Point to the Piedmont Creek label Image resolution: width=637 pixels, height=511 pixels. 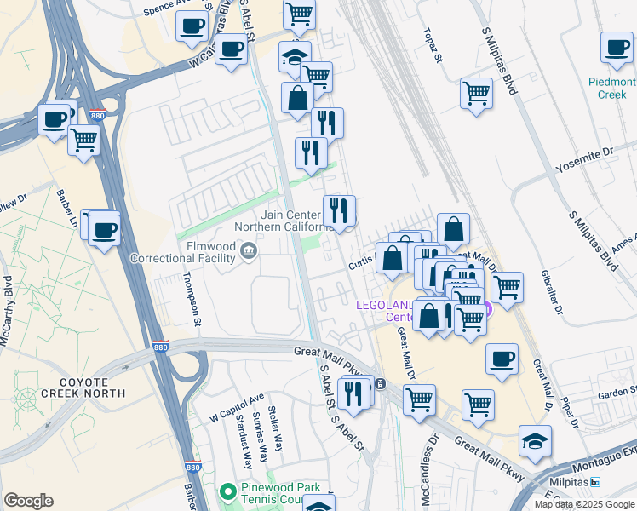pos(611,89)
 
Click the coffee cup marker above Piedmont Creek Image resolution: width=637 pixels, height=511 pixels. pos(617,49)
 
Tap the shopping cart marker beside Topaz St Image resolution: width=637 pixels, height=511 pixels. pos(476,92)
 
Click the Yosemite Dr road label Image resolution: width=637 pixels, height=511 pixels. pos(596,157)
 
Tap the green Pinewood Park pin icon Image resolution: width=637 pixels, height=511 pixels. pos(227,492)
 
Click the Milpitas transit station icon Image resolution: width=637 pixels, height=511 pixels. pos(595,482)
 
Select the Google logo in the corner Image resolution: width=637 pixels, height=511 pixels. pos(28,501)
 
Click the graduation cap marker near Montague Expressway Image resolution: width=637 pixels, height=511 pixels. pos(535,441)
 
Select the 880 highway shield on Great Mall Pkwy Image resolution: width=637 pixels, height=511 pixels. pos(160,347)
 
